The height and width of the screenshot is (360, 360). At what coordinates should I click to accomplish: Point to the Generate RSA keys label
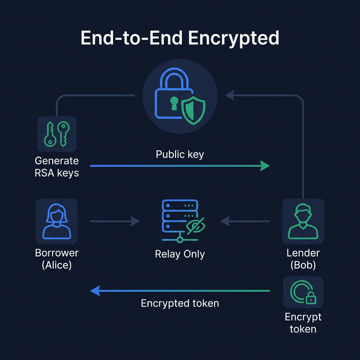(x=56, y=166)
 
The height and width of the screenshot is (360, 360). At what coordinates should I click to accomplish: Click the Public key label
(x=179, y=154)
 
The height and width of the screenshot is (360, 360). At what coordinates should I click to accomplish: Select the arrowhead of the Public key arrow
(x=264, y=165)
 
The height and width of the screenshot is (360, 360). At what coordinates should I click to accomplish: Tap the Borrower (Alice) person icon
(x=56, y=220)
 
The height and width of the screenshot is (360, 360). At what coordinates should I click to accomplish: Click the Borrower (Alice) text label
(x=56, y=259)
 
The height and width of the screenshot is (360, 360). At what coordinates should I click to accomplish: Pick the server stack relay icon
(x=179, y=219)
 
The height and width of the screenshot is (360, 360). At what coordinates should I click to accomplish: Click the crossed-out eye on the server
(x=196, y=226)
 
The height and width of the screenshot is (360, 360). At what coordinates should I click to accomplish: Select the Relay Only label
(x=179, y=254)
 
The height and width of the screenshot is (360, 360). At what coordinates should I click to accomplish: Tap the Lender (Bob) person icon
(x=303, y=220)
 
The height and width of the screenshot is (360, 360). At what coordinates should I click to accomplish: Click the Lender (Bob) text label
(x=303, y=259)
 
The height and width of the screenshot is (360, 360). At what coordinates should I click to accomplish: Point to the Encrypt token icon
(x=303, y=292)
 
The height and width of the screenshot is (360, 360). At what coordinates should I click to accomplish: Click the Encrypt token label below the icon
(x=303, y=323)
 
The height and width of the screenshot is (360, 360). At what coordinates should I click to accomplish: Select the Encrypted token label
(x=179, y=303)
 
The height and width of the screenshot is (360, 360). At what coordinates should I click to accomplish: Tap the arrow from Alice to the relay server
(x=115, y=222)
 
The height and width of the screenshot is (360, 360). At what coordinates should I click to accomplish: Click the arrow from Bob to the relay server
(x=245, y=222)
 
